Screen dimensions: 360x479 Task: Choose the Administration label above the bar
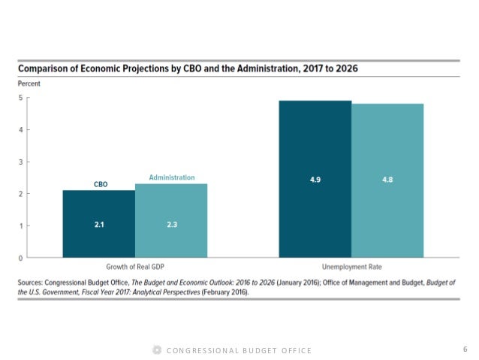(x=171, y=177)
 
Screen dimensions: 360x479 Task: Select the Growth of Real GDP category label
(x=134, y=267)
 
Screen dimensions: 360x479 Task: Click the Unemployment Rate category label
(x=351, y=267)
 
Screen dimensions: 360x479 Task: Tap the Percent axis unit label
(x=30, y=83)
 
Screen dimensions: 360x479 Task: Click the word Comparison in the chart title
(x=47, y=69)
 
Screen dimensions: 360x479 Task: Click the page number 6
(x=465, y=349)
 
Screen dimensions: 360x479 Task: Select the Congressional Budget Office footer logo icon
(x=156, y=350)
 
